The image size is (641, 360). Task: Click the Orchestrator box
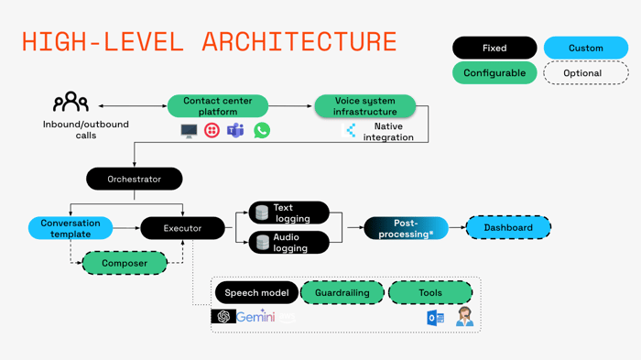click(134, 179)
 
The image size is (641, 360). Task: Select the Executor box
click(182, 228)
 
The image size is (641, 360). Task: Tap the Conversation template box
click(71, 228)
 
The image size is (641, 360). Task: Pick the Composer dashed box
click(125, 263)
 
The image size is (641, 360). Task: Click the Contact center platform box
click(218, 106)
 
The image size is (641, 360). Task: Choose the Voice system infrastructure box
click(364, 106)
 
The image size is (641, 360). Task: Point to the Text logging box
click(288, 213)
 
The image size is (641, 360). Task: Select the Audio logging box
click(288, 243)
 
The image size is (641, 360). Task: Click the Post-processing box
click(406, 228)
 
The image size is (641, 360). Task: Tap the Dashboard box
click(508, 227)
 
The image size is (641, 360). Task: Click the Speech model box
click(256, 293)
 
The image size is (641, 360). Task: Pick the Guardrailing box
click(342, 293)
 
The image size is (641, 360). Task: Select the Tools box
click(430, 293)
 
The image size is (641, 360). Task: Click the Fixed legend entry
click(494, 48)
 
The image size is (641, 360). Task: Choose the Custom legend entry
click(586, 48)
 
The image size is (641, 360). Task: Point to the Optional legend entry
click(586, 73)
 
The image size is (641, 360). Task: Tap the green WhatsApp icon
click(262, 131)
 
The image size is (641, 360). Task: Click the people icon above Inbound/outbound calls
click(71, 103)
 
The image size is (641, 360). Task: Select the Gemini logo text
click(255, 316)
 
